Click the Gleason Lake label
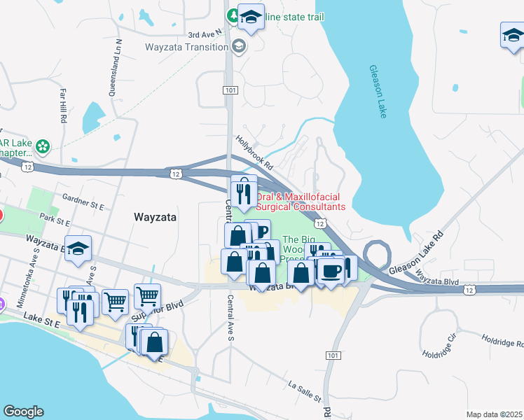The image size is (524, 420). coord(378,92)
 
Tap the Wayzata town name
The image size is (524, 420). coord(153,218)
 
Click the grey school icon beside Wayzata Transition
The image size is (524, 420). coord(239,47)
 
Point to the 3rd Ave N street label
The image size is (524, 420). coord(204,32)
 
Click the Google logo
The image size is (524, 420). coord(23,412)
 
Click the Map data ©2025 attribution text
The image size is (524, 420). coord(495,414)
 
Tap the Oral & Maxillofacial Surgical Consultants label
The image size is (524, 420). coord(301,202)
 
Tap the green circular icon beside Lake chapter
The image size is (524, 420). coord(43,146)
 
